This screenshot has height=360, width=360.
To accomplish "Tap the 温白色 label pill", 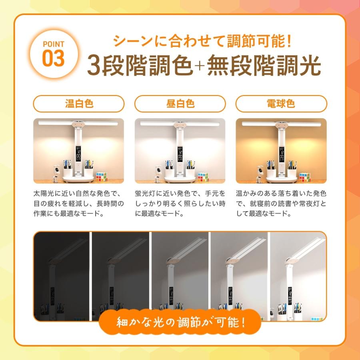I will coord(78,104).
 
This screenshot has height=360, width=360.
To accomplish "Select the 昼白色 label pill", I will coord(180,104).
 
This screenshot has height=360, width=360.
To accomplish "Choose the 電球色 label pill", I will coord(281,104).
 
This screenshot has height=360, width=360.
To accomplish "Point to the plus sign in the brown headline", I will coord(200,67).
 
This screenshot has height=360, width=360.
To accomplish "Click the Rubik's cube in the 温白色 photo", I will coord(102,176).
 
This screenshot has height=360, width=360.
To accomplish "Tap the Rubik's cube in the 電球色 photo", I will coord(305,176).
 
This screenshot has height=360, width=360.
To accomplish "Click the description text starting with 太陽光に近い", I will coord(78,203).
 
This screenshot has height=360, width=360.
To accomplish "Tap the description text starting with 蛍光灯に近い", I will coord(180,203).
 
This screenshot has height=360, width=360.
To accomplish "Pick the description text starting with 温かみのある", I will coord(281,203).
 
